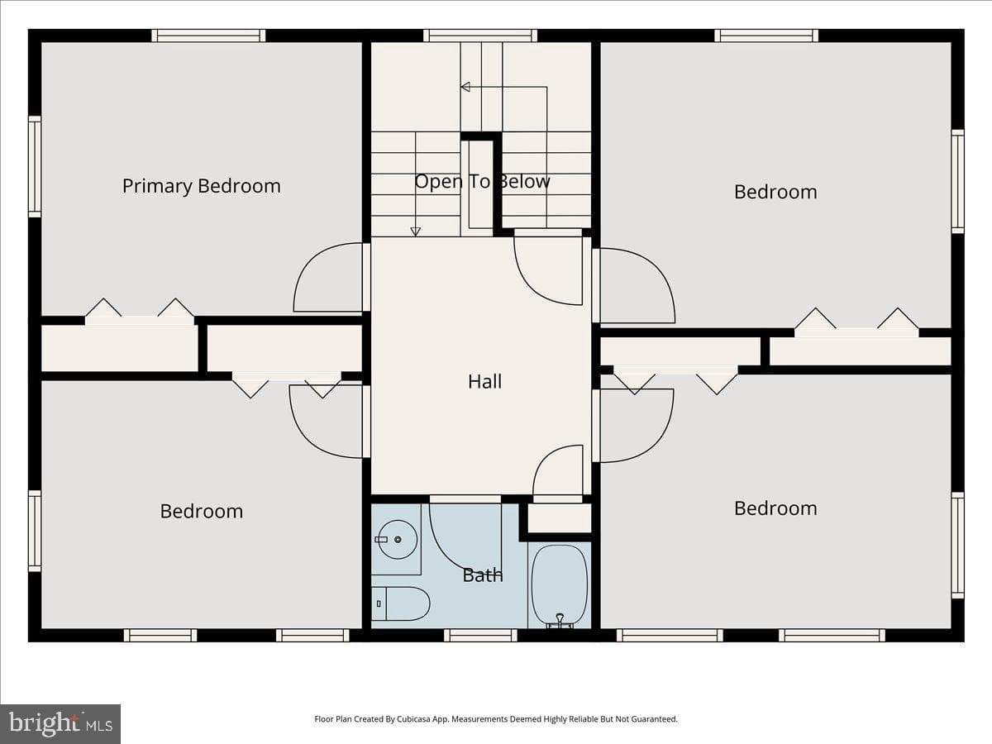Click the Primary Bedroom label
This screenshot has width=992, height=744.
click(x=202, y=187)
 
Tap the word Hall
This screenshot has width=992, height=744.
click(x=484, y=382)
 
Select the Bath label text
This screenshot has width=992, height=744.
click(x=483, y=575)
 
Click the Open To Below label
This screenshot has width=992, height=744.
click(x=482, y=182)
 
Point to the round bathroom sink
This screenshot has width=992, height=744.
click(x=398, y=539)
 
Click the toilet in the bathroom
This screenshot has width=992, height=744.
click(x=400, y=603)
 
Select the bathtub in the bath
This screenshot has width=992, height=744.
click(x=560, y=586)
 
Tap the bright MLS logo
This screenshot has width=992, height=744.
click(x=60, y=723)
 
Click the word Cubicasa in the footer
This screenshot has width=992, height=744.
click(x=414, y=718)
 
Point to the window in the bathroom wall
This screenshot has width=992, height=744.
click(x=480, y=635)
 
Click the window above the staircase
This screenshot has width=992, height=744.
click(x=480, y=36)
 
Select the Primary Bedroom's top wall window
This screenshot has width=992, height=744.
click(x=208, y=36)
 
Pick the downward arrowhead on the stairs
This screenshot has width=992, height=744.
click(x=415, y=231)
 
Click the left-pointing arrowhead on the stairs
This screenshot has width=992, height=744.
click(x=465, y=87)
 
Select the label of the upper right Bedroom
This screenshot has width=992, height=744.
click(x=775, y=192)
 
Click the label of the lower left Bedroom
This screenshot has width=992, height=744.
click(x=202, y=512)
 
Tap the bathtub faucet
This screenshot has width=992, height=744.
click(x=560, y=620)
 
